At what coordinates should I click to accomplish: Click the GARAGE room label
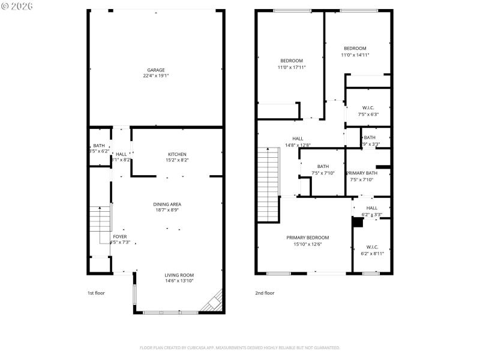coord(156,70)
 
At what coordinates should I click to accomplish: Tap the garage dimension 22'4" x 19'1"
coord(156,76)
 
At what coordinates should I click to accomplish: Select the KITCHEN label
coord(177,154)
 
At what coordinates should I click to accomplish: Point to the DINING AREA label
coord(167,204)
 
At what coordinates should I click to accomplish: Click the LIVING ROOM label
coord(179,275)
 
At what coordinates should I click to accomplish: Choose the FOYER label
coord(120,236)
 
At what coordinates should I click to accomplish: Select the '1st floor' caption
coord(96,293)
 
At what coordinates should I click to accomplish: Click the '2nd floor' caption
coord(265,293)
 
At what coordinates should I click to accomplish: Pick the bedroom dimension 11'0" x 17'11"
coord(292,67)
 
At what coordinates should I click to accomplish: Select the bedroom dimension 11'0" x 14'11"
coord(355,55)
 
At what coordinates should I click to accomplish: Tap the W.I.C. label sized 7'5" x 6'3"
coord(368,114)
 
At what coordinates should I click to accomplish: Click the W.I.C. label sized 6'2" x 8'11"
coord(372,253)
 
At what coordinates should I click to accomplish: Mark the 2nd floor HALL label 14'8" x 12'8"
coord(298,145)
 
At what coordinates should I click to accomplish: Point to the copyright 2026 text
coord(17,5)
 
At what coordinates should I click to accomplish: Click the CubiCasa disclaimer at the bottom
coord(239,347)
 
